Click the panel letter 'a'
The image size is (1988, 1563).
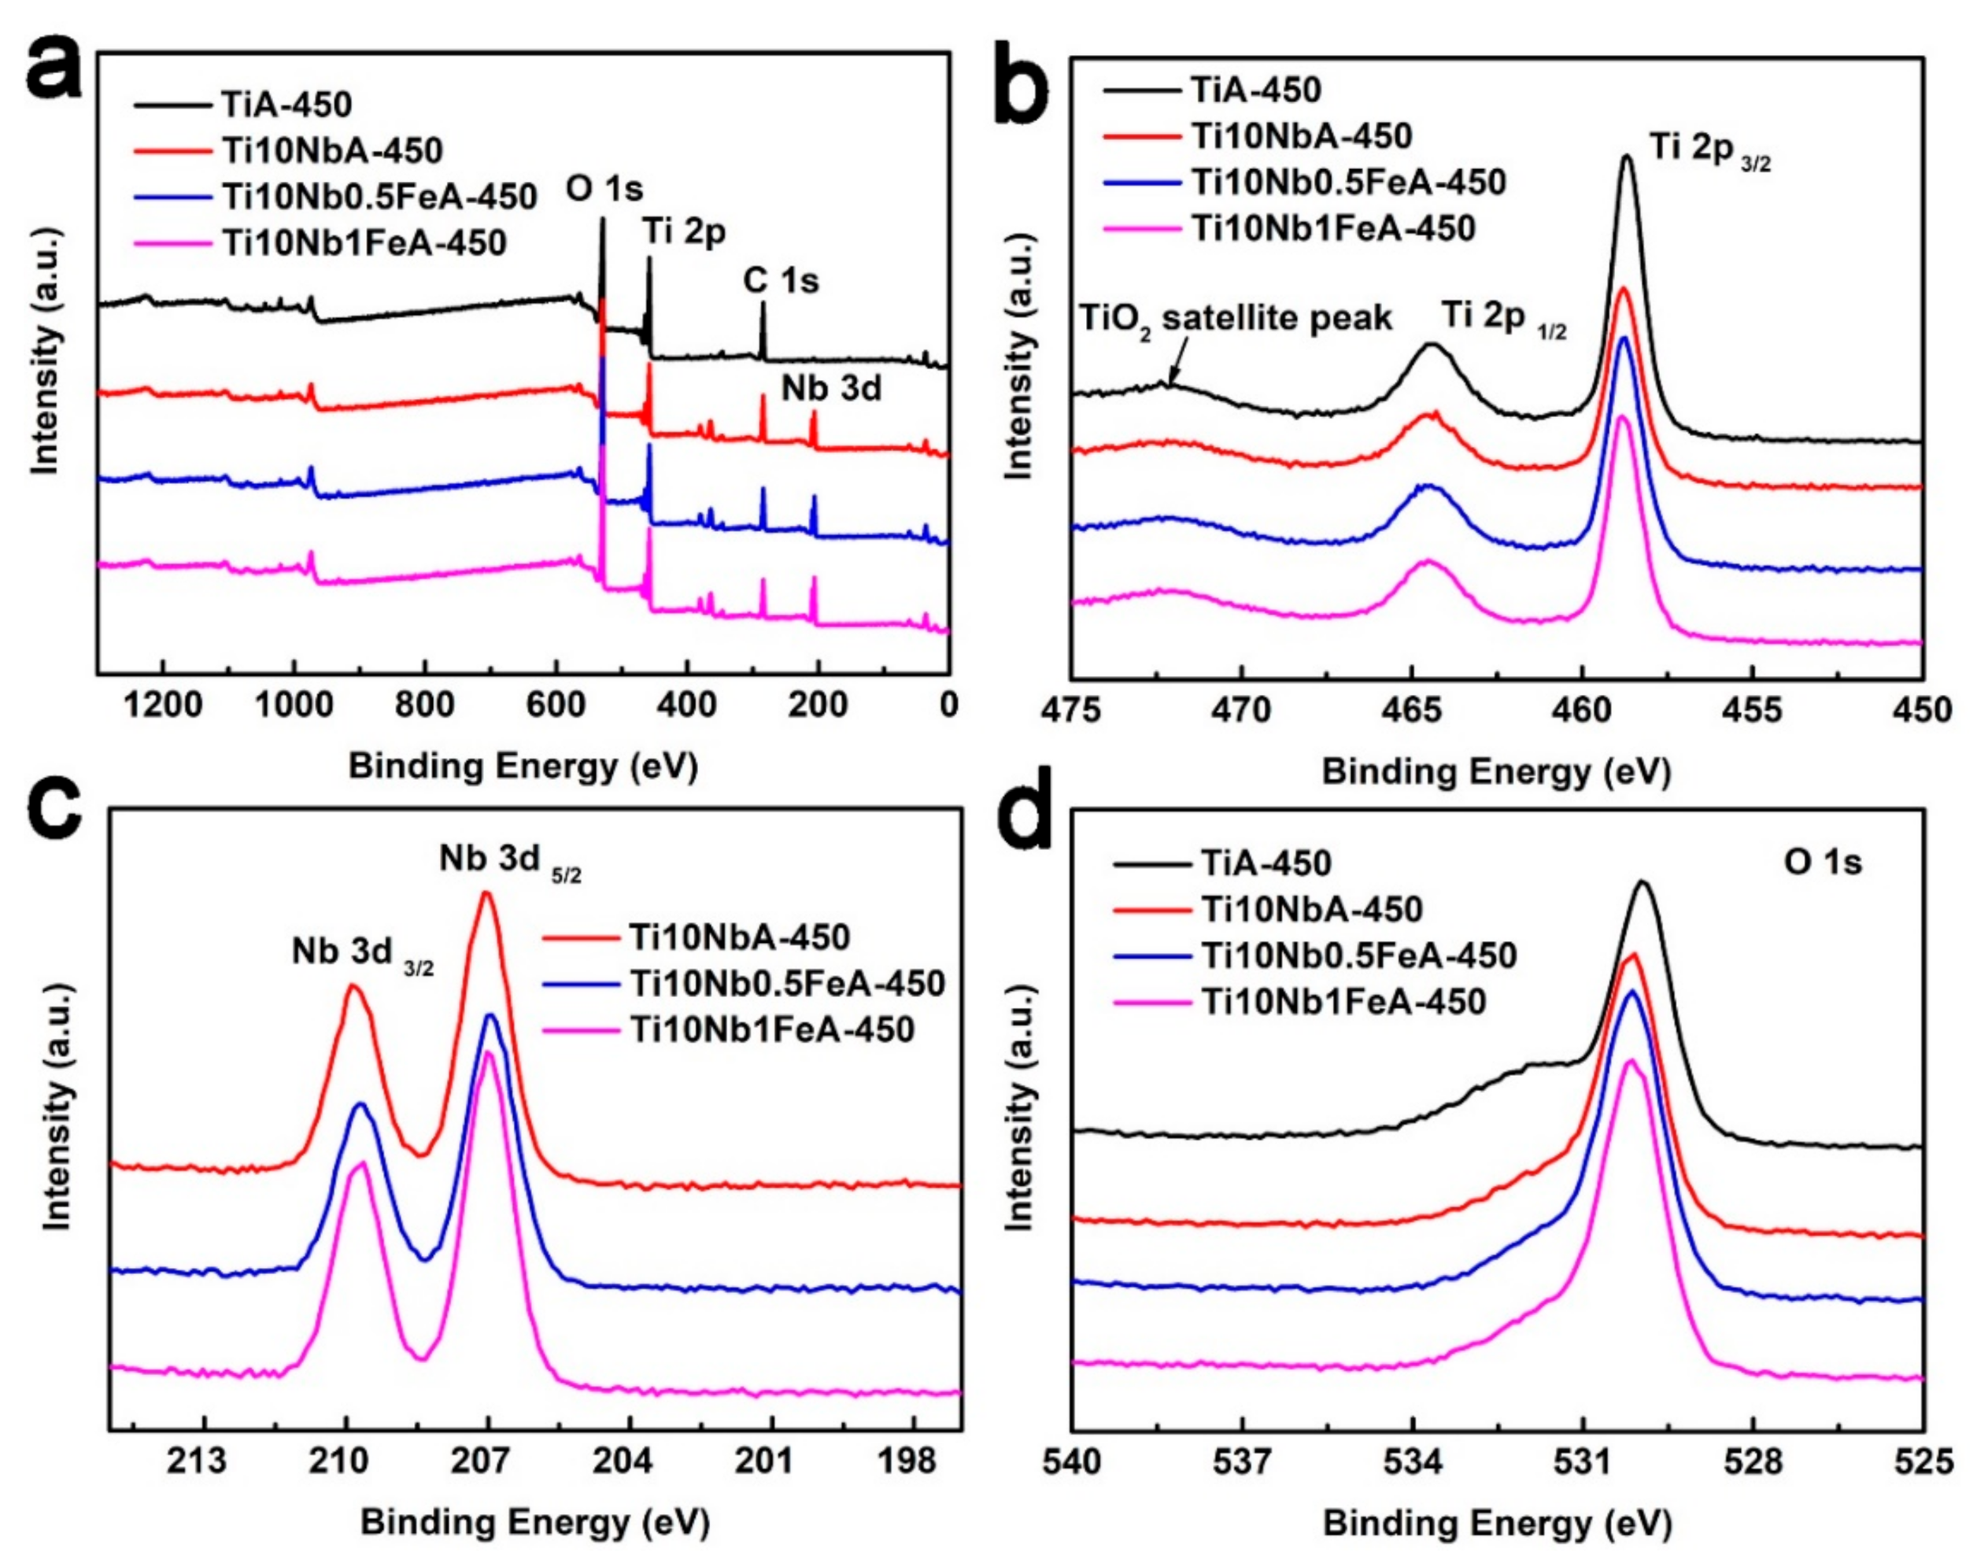(x=53, y=68)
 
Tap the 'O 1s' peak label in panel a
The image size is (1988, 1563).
(x=604, y=190)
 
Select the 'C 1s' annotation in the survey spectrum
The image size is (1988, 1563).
(x=781, y=281)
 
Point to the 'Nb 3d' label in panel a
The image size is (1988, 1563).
(x=831, y=389)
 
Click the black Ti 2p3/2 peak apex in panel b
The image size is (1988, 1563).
(x=1627, y=157)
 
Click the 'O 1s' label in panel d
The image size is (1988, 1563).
(x=1823, y=862)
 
